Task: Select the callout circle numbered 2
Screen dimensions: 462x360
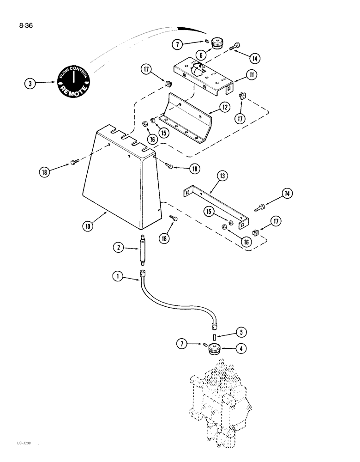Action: [120, 248]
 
